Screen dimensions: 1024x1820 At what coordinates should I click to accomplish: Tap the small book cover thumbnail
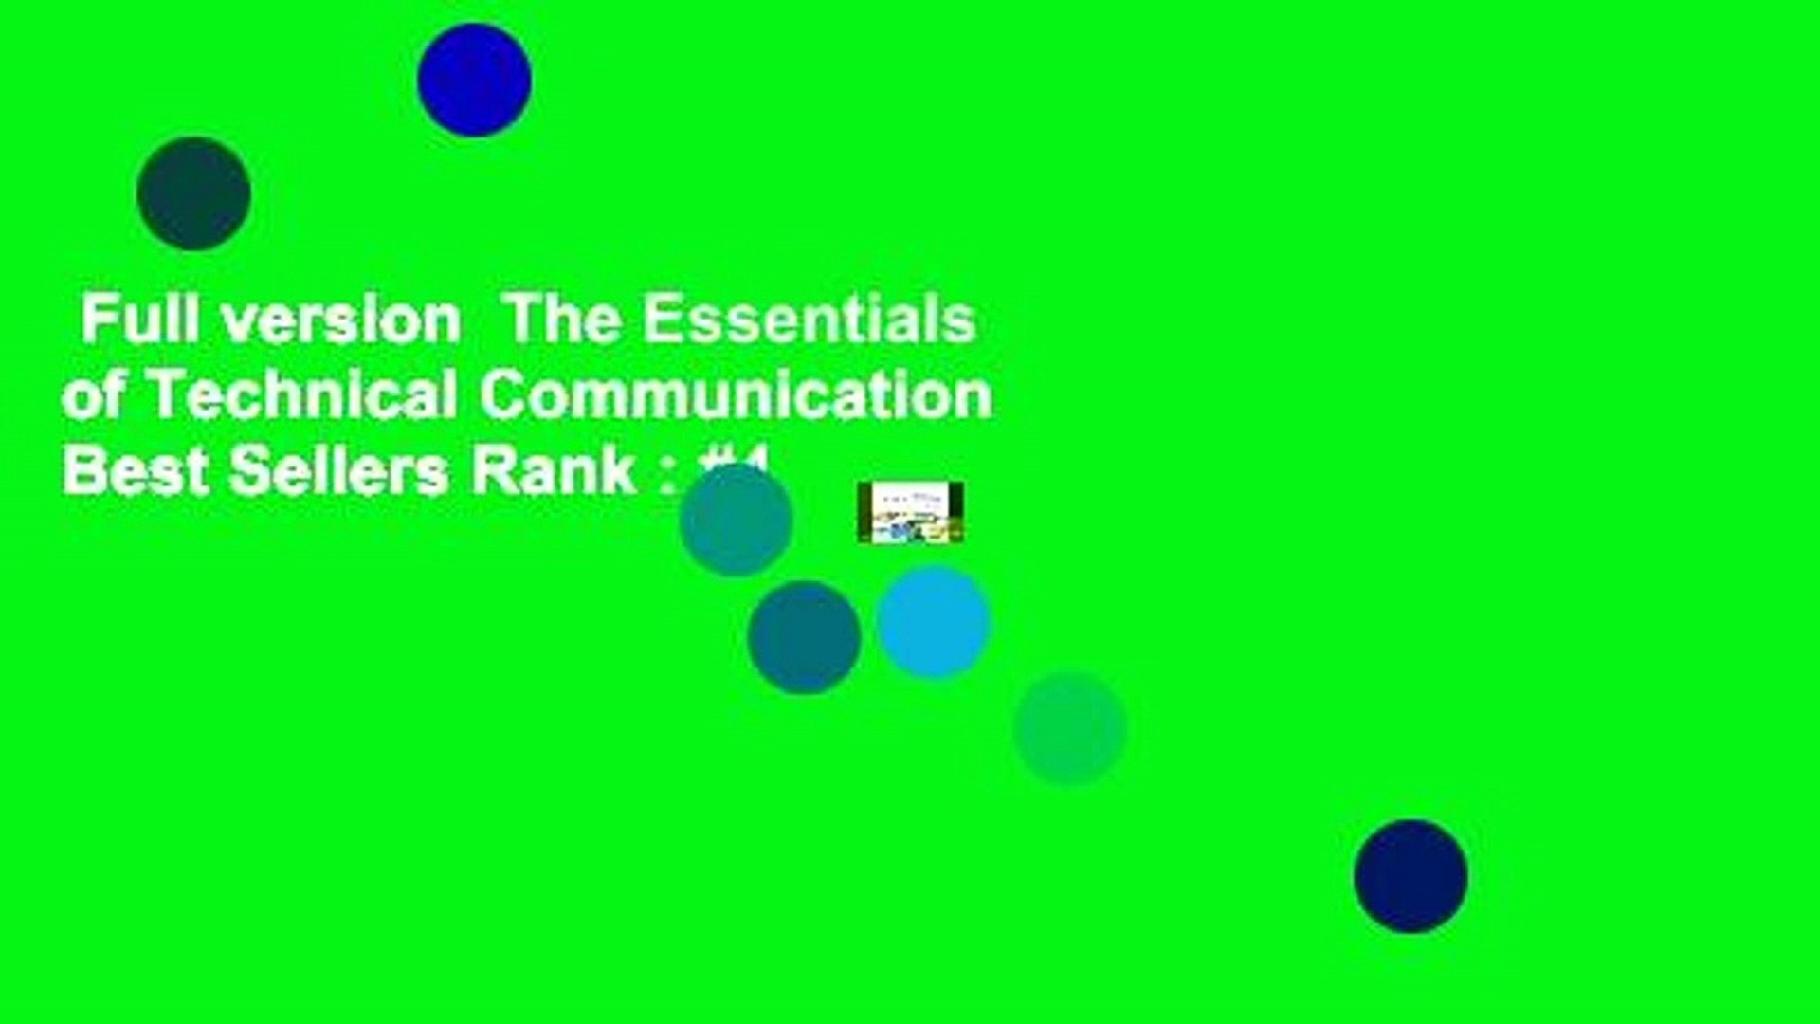910,512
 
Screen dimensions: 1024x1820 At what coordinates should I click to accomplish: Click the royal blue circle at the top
474,80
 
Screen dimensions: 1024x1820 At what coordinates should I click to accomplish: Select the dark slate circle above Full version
193,193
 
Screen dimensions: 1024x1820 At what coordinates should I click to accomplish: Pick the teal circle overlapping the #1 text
736,521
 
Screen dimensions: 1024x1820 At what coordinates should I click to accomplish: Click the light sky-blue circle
933,623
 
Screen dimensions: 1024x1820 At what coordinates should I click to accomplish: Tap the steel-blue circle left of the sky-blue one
804,637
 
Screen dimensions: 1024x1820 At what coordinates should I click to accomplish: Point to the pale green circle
1069,728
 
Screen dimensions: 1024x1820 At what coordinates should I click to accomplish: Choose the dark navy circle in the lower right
1410,876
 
